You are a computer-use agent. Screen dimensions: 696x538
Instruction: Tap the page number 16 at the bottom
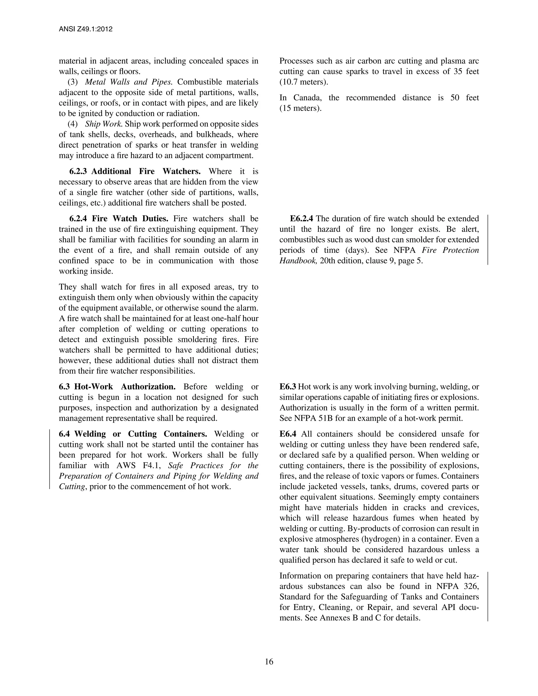tap(269, 662)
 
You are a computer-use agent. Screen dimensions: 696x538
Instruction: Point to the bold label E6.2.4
tap(302, 219)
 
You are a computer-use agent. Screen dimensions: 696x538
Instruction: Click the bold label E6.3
tap(288, 387)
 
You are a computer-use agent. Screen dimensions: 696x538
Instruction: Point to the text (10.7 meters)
tap(304, 82)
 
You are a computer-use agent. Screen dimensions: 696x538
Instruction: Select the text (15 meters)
tap(301, 108)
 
